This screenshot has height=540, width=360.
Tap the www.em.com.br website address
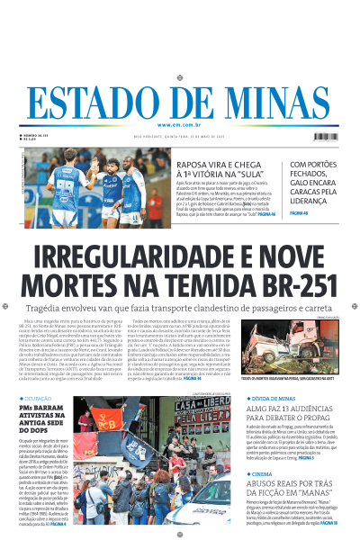point(179,124)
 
